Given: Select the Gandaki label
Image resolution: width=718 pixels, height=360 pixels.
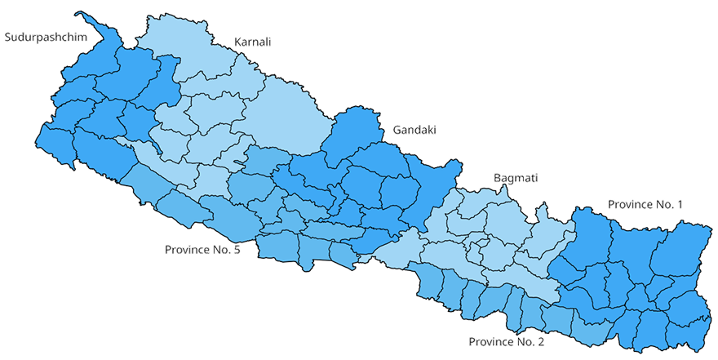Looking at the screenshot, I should [x=414, y=130].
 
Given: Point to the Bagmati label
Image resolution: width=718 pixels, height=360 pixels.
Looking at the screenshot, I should [x=516, y=178].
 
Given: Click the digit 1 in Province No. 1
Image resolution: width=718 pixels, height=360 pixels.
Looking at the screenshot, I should [x=679, y=204].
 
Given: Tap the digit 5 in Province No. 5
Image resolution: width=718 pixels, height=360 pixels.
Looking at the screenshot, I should [x=236, y=249].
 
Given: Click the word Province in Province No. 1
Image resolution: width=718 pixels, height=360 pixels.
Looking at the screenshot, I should [x=630, y=204].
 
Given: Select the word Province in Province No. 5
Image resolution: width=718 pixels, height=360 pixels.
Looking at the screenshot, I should [x=188, y=249].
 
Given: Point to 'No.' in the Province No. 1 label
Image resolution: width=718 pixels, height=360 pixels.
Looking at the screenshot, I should [x=664, y=204].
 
